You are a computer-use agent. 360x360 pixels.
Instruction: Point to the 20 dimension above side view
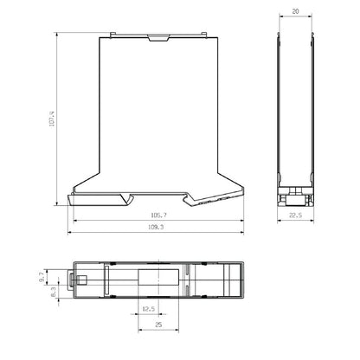tap(295, 12)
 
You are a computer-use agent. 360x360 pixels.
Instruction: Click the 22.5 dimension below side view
tap(296, 217)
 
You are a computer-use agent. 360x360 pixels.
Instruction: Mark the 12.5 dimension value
tap(149, 309)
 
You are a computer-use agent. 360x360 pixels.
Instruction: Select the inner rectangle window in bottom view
tap(160, 282)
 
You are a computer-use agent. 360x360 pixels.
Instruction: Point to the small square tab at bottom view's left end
tap(74, 280)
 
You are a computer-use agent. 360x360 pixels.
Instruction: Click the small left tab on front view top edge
tap(112, 36)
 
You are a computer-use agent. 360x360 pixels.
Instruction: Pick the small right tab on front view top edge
tap(205, 36)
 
